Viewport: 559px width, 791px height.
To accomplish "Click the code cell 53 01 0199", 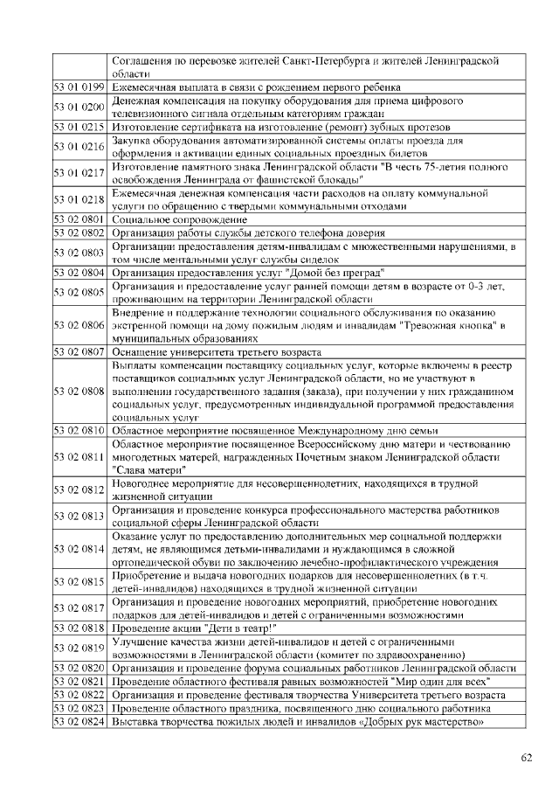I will [x=79, y=87].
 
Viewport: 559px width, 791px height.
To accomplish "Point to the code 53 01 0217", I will [x=79, y=172].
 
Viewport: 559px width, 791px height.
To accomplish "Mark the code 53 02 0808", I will [x=79, y=391].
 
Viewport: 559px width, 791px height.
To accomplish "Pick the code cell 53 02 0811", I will [x=79, y=457].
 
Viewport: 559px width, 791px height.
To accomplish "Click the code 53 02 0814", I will [x=79, y=549].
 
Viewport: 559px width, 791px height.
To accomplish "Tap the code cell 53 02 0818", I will [x=79, y=628].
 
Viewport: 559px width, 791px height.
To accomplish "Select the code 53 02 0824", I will [x=79, y=722].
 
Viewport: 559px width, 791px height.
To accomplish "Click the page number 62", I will [x=526, y=758].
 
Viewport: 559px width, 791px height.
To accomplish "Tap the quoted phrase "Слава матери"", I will [x=148, y=470].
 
